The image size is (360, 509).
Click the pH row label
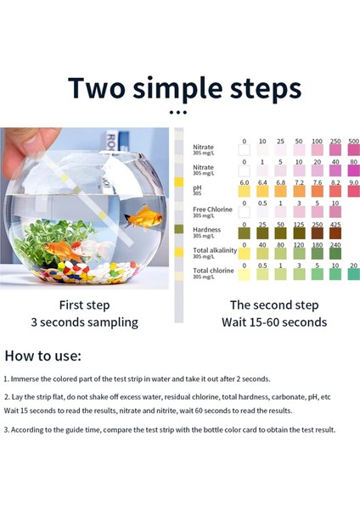[198, 187]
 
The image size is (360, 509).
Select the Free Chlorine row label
[212, 209]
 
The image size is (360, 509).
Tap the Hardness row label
[207, 229]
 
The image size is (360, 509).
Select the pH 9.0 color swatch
[352, 193]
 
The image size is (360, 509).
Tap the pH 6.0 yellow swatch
[244, 193]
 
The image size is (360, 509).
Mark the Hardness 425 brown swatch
[335, 232]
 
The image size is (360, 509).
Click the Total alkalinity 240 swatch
[335, 253]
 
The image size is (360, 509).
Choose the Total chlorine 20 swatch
[352, 274]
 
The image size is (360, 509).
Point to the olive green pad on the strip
[178, 229]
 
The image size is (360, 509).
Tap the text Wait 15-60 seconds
[274, 322]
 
